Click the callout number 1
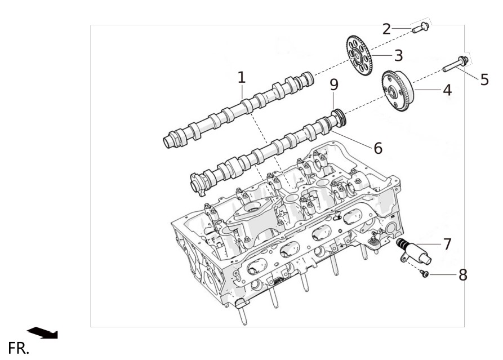(x=242, y=78)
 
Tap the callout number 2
(x=386, y=29)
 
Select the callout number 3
(x=398, y=56)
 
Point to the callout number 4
(x=447, y=90)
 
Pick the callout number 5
(x=484, y=79)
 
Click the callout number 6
(x=378, y=148)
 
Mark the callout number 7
(x=447, y=244)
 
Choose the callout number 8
(x=463, y=275)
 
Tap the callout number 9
(x=334, y=85)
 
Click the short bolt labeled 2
(x=420, y=28)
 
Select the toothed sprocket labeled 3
(x=359, y=55)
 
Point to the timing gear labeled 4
(x=398, y=91)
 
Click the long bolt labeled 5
(x=455, y=64)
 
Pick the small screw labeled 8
(x=424, y=273)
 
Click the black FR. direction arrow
(x=42, y=333)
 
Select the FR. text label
(x=19, y=348)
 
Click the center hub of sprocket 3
(x=356, y=56)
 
